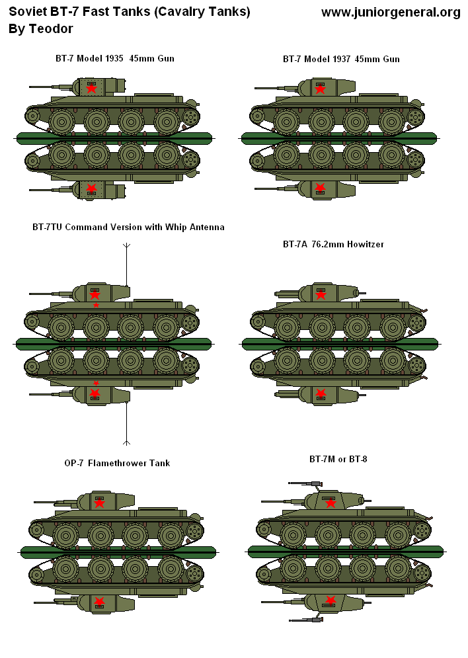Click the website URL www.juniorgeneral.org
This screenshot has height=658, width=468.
tap(391, 13)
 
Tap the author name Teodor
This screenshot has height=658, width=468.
tap(51, 29)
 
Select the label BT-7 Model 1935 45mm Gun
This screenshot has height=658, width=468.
tap(114, 59)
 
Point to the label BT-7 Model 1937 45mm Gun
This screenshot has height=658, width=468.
tap(340, 59)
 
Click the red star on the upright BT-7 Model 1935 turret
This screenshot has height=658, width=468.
tap(92, 88)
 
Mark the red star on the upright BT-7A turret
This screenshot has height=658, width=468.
tap(321, 294)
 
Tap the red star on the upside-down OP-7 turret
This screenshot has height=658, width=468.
tap(100, 602)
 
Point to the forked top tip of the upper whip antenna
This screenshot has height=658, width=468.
tap(126, 246)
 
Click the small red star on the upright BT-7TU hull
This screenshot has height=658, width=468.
tap(96, 306)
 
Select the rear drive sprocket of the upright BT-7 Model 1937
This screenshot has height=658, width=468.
tap(416, 118)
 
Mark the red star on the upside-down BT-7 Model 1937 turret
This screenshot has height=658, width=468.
tap(321, 188)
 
